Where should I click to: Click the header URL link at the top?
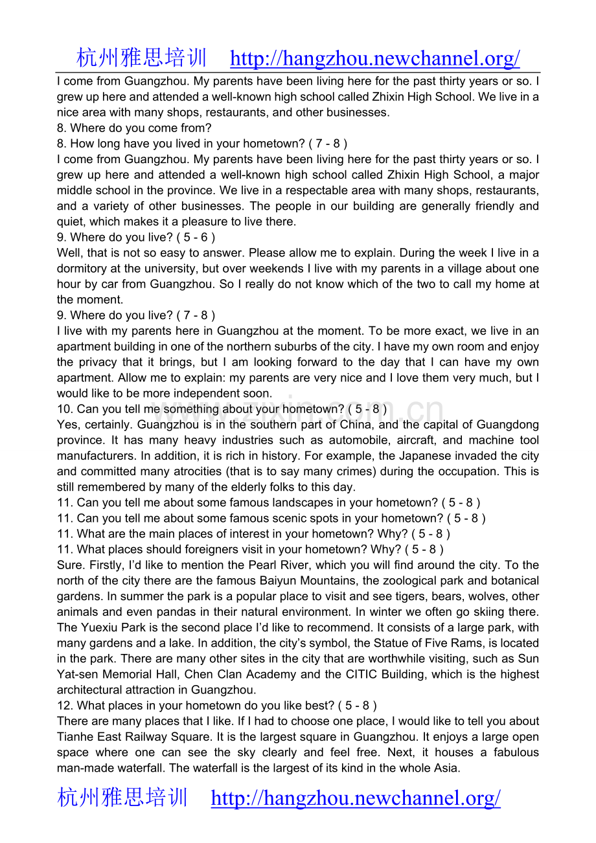374,59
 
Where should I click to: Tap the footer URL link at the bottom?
356,798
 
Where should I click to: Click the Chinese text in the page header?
141,58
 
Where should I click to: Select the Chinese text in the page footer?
122,797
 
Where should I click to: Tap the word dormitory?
82,269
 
